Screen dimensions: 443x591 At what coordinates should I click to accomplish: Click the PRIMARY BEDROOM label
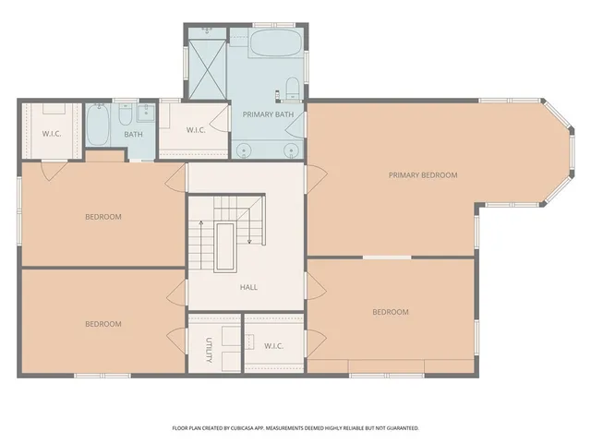422,174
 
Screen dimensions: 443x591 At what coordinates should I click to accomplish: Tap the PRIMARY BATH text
268,114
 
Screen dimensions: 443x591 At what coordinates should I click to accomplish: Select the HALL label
248,287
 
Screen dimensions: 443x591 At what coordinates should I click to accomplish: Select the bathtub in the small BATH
100,125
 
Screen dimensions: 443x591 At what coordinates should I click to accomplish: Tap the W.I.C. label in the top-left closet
52,134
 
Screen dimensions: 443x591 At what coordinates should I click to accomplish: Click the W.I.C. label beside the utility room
273,346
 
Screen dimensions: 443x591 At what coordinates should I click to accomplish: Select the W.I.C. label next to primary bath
195,129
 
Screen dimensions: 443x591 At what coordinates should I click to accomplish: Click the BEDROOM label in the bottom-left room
103,324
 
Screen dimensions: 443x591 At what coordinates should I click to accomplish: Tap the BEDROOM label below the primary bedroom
390,312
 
